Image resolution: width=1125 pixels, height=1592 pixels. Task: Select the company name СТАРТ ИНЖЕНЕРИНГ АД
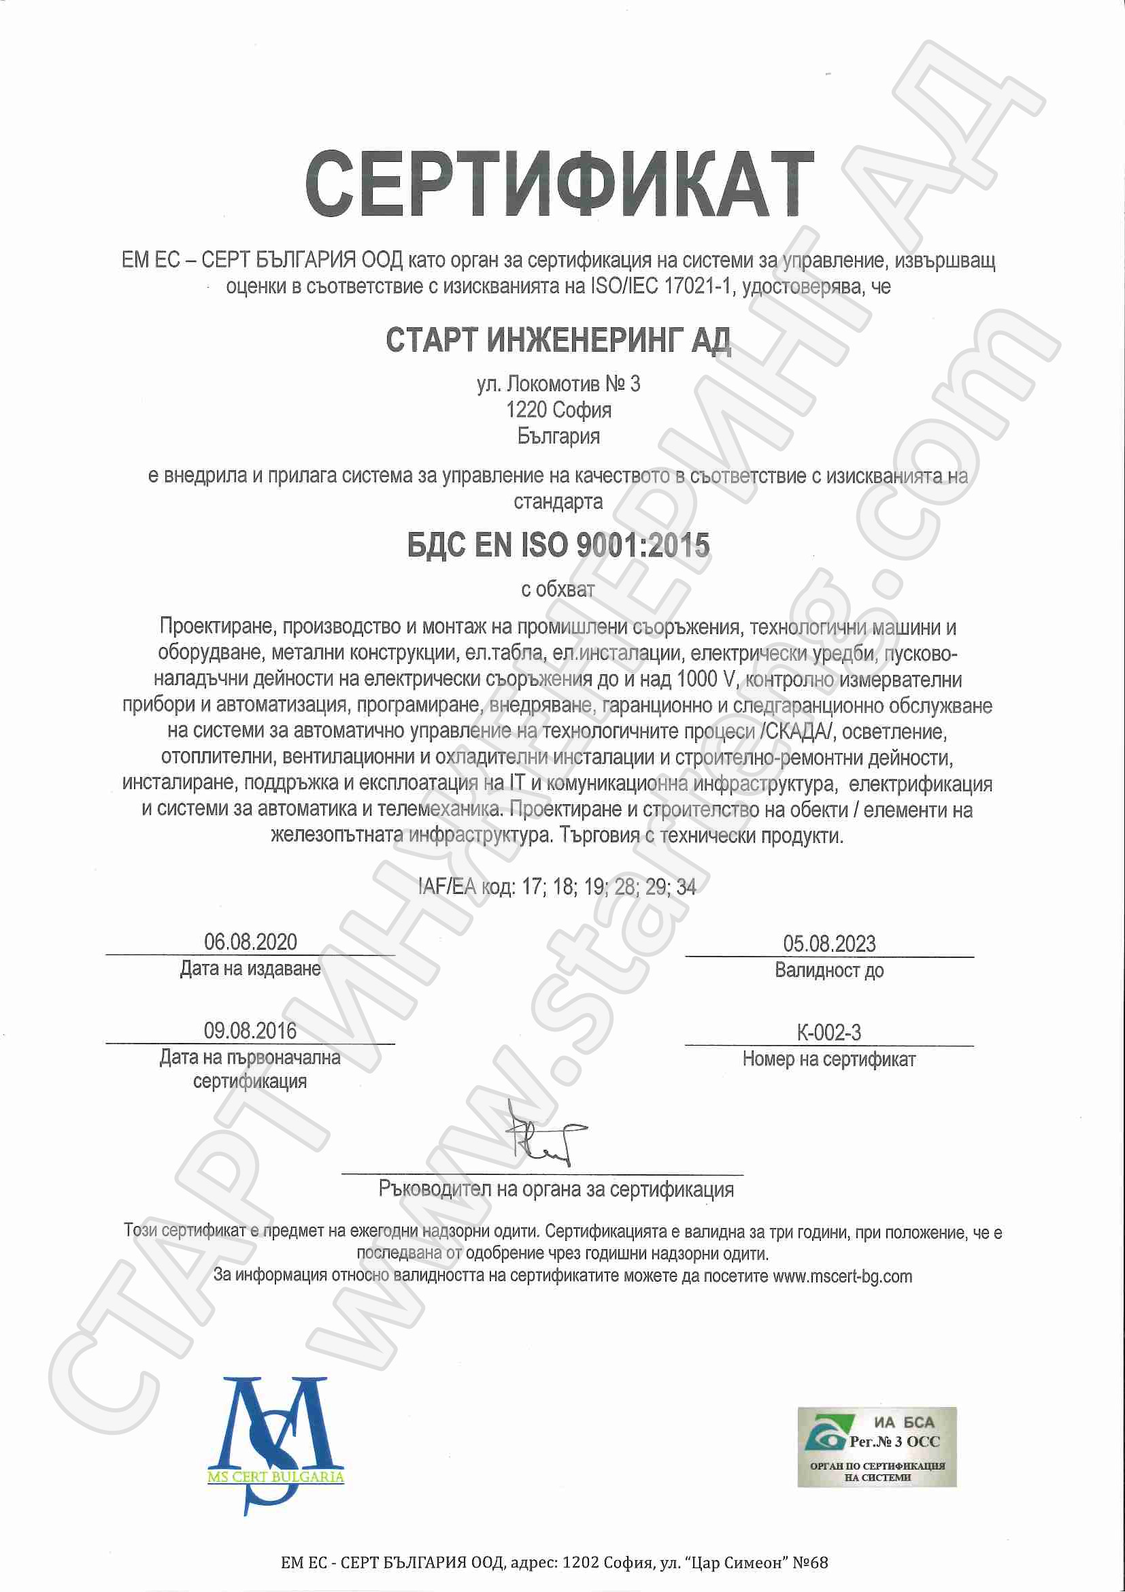558,340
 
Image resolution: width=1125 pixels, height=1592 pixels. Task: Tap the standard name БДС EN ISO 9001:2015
558,546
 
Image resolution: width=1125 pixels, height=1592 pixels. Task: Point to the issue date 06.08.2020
250,942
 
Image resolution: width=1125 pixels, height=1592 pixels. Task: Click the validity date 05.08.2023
829,944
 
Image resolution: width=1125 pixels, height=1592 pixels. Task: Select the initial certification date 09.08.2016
250,1031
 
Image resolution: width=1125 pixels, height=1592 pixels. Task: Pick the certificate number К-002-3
829,1033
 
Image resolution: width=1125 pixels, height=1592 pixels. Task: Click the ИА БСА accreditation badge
876,1446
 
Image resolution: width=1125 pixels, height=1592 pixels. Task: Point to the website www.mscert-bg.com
842,1276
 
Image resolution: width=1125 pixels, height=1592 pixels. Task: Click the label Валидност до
829,970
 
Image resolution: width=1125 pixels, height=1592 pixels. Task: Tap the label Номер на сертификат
829,1059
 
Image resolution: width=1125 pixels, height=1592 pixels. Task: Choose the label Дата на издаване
250,969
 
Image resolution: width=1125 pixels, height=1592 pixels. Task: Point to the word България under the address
558,437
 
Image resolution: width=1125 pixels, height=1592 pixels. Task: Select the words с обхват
558,589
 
